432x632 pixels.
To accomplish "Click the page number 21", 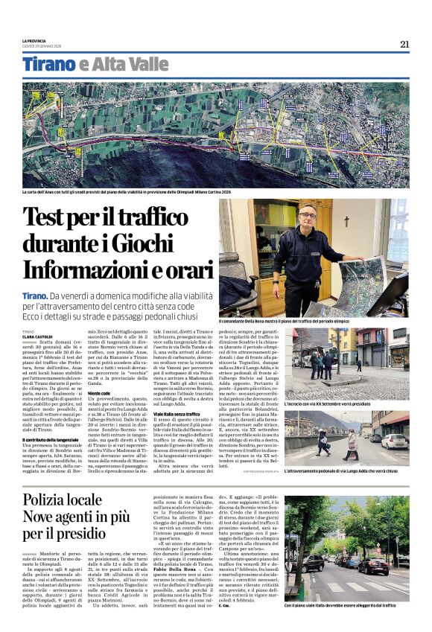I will [404, 44].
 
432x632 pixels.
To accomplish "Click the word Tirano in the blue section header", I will [49, 65].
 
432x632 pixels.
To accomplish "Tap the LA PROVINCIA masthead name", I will [34, 39].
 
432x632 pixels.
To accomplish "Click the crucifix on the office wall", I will [345, 221].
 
